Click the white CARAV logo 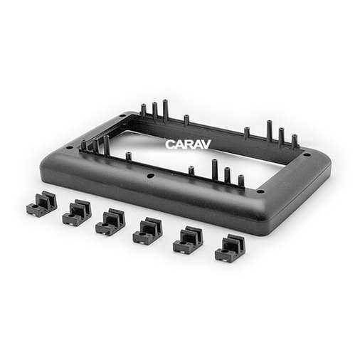[x=188, y=144]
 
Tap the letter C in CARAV [x=169, y=144]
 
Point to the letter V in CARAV [x=206, y=144]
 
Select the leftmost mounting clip [x=41, y=203]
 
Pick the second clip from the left [x=77, y=212]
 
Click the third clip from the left [x=110, y=222]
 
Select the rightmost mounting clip [x=231, y=247]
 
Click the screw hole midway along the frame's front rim [x=149, y=176]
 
